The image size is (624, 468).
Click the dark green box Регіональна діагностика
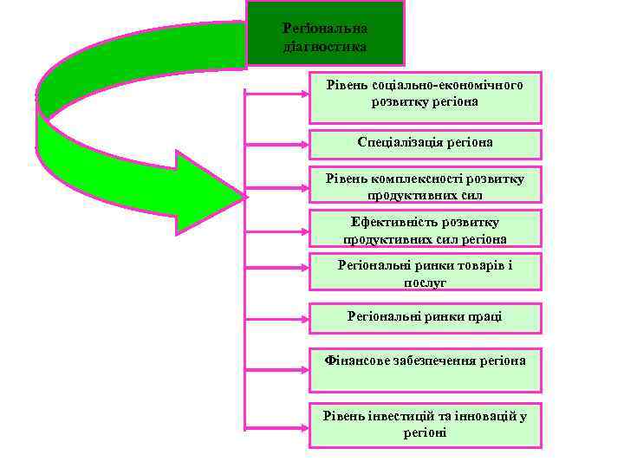tap(325, 35)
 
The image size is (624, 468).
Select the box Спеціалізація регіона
tap(425, 144)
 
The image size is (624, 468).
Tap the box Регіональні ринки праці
tap(425, 318)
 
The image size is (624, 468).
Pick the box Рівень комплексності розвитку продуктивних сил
tap(425, 185)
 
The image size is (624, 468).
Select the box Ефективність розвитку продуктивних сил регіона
tap(425, 229)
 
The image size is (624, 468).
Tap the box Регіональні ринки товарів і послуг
tap(425, 272)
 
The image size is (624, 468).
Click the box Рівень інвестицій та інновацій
tap(425, 425)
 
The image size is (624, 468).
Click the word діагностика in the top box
tap(325, 46)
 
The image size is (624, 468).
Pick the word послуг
tap(425, 283)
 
